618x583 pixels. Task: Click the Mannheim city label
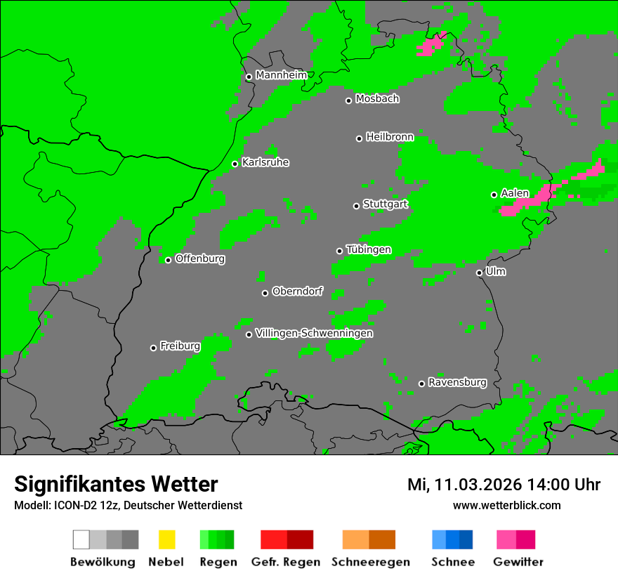click(281, 75)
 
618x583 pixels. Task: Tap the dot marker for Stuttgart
click(356, 206)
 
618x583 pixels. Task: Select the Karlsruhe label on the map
click(265, 162)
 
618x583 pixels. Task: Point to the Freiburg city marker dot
click(153, 348)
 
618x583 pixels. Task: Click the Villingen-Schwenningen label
click(314, 333)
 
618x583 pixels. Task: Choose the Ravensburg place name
click(457, 382)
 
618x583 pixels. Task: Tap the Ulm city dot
click(479, 273)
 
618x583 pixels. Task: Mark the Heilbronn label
click(390, 137)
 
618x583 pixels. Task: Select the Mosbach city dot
click(348, 100)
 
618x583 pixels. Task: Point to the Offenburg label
click(200, 258)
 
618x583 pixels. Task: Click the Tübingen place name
click(369, 249)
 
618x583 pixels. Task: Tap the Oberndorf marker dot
click(265, 293)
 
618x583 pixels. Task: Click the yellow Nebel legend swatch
click(166, 539)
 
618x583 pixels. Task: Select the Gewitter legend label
click(518, 562)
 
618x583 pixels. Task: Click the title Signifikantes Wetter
click(116, 484)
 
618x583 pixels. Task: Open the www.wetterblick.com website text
click(506, 505)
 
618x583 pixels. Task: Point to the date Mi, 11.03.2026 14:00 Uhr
click(504, 485)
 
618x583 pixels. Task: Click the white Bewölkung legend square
click(81, 539)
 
